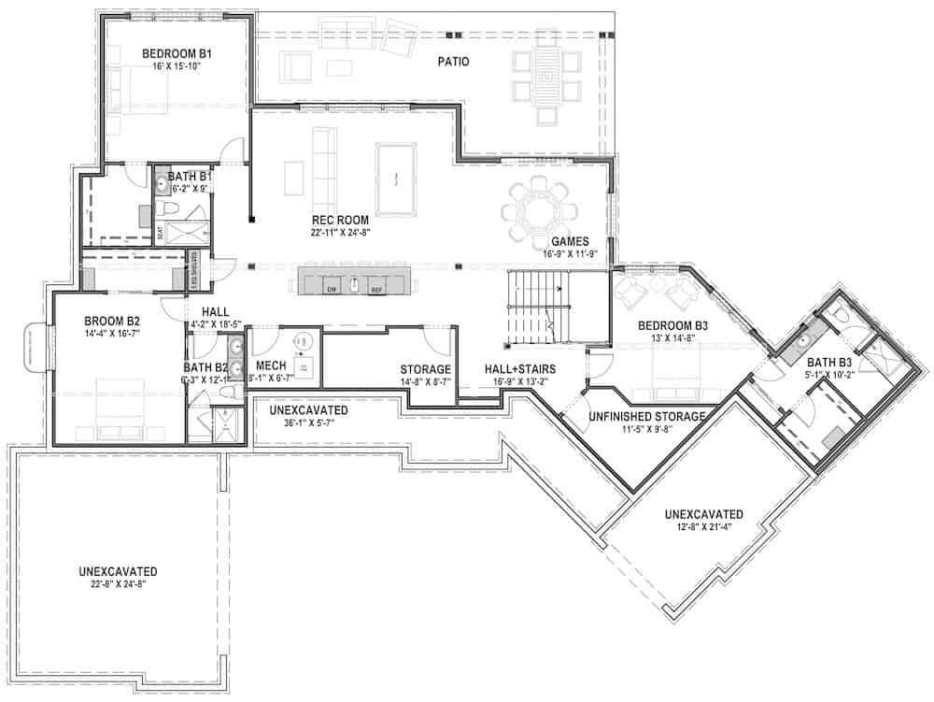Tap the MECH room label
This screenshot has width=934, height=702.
pos(270,365)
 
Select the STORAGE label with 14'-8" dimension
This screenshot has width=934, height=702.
pos(425,369)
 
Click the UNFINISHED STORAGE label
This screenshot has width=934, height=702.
pos(646,416)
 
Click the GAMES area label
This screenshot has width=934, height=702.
pos(569,240)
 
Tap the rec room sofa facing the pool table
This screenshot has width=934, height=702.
pos(323,169)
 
